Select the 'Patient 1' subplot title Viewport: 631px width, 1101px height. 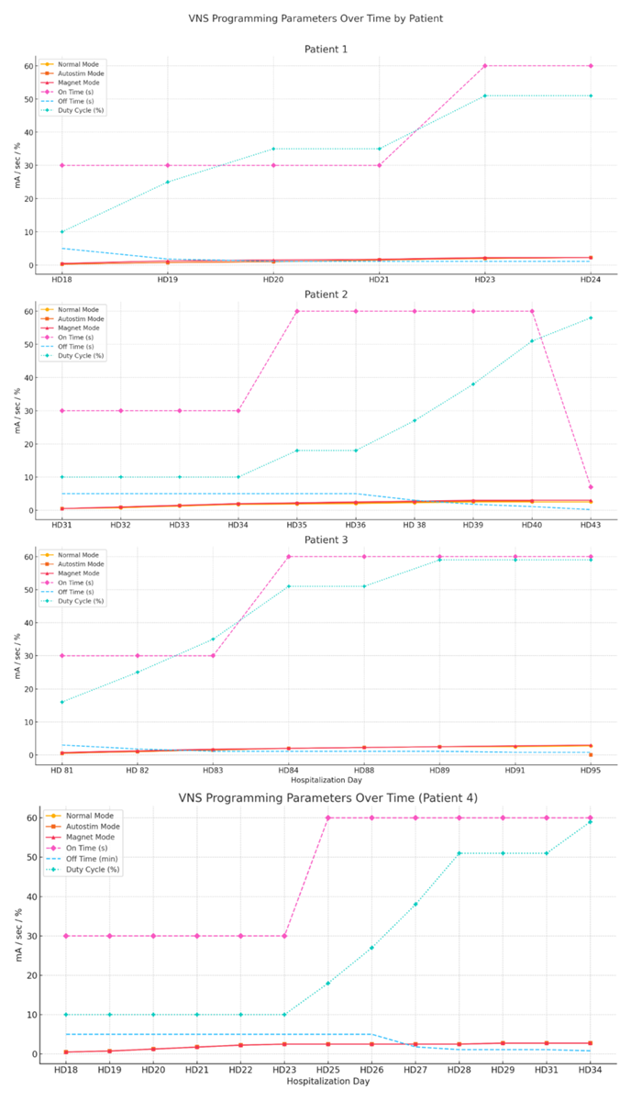click(x=326, y=49)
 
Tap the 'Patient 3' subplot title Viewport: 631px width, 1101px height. click(x=326, y=539)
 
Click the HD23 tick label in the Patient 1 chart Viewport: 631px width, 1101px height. click(x=485, y=279)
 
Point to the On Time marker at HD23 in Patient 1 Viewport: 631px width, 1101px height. click(x=485, y=66)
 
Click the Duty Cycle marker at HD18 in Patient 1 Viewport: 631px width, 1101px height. click(x=62, y=231)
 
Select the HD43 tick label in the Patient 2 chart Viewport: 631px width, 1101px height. click(x=590, y=524)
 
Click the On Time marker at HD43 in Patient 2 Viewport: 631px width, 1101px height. click(x=590, y=487)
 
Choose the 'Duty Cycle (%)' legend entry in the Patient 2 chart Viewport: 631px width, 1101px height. click(x=82, y=355)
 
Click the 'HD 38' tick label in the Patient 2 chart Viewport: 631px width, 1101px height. click(x=414, y=524)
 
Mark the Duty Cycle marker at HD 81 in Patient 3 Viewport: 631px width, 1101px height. click(x=62, y=702)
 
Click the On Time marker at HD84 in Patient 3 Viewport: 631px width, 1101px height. click(x=288, y=556)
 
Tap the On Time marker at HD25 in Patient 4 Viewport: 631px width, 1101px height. click(x=327, y=817)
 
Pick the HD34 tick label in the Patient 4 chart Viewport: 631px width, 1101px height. click(x=590, y=1070)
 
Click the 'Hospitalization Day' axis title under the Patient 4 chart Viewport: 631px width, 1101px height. click(x=326, y=1083)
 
